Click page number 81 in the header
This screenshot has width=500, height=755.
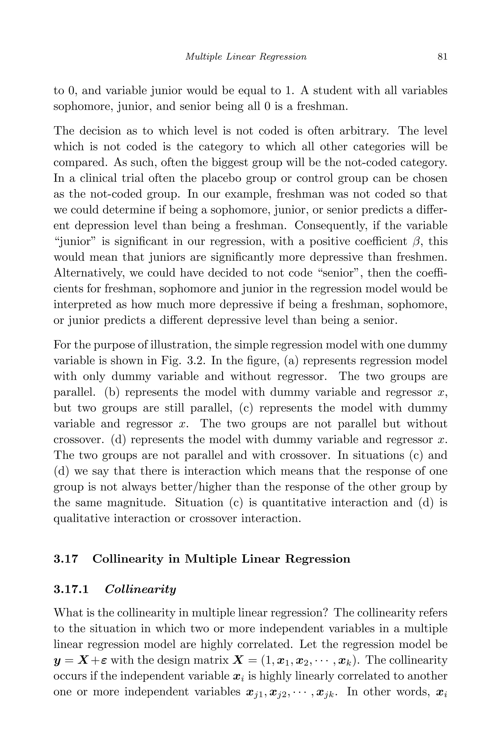coord(442,57)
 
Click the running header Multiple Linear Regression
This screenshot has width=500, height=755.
coord(246,57)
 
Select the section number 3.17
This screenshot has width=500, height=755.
coord(66,559)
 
